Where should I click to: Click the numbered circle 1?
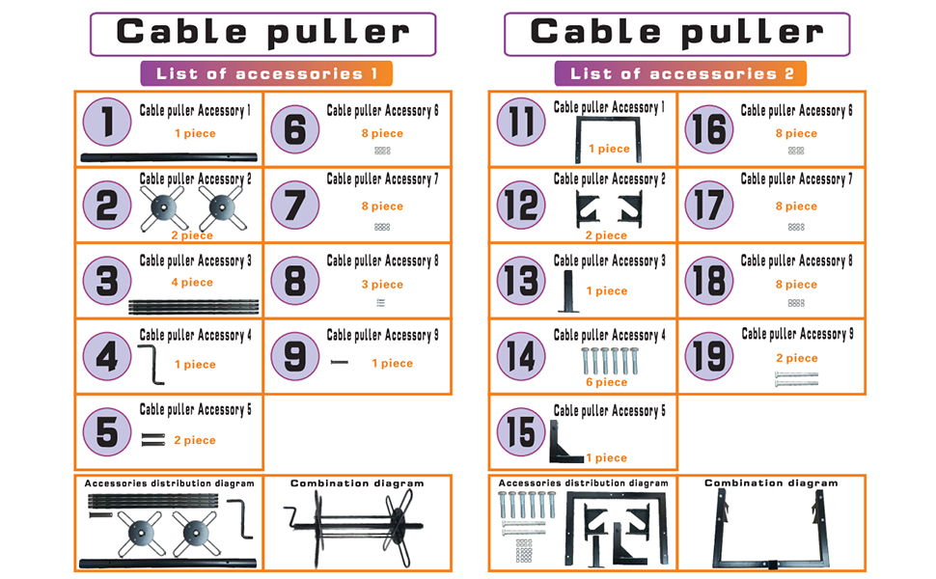tap(107, 122)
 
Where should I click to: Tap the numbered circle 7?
tap(295, 205)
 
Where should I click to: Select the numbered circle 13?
tap(521, 280)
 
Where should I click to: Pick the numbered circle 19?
tap(709, 356)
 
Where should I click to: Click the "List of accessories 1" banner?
tap(266, 73)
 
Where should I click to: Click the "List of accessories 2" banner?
tap(680, 73)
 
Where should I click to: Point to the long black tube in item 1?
tap(169, 157)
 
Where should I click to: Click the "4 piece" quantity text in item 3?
tap(192, 283)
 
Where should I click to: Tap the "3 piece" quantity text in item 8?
tap(382, 285)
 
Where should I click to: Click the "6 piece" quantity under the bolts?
tap(607, 382)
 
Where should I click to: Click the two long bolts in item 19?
tap(796, 378)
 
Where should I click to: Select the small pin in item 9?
tap(339, 362)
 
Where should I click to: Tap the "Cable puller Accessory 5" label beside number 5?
tap(195, 409)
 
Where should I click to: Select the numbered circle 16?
tap(709, 129)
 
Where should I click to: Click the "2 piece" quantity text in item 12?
tap(607, 235)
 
